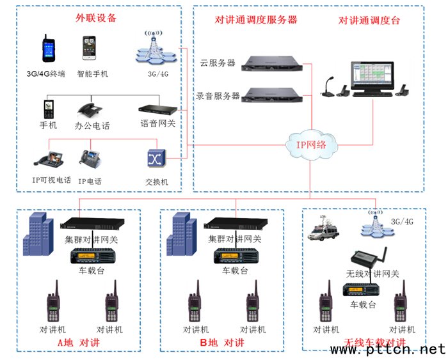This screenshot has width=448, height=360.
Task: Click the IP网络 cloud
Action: pyautogui.click(x=309, y=144)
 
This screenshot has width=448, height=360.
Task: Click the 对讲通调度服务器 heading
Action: pyautogui.click(x=256, y=20)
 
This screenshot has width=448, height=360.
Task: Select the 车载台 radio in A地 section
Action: pyautogui.click(x=92, y=256)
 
